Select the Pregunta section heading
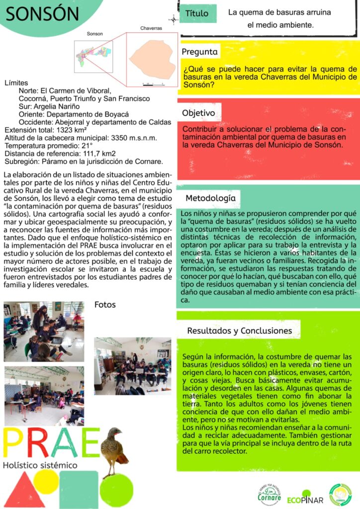[x=199, y=52]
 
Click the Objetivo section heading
[x=198, y=113]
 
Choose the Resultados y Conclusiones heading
[x=239, y=331]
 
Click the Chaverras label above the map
[x=151, y=29]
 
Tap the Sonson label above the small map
[x=94, y=34]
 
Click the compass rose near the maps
[x=174, y=20]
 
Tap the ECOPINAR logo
[x=305, y=499]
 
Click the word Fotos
[x=105, y=304]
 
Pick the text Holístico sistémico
[x=40, y=465]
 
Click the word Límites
[x=16, y=83]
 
